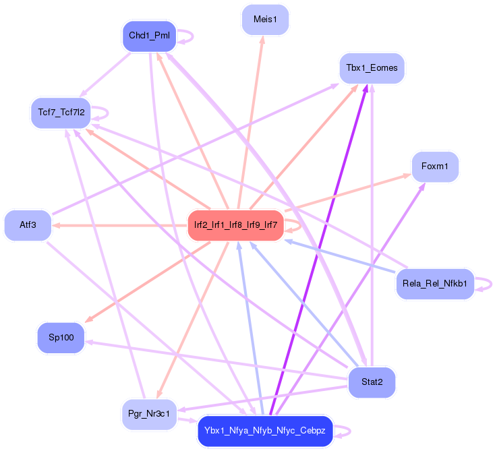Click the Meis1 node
[265, 20]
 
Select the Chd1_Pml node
[149, 36]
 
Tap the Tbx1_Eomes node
[372, 68]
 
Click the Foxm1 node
[435, 166]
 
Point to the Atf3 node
[28, 225]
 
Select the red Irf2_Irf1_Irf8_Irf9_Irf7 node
[235, 224]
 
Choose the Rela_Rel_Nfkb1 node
[435, 283]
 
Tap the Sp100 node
[61, 337]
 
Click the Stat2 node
[372, 382]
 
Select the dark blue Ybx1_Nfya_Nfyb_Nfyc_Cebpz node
[265, 431]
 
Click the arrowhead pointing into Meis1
[262, 40]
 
